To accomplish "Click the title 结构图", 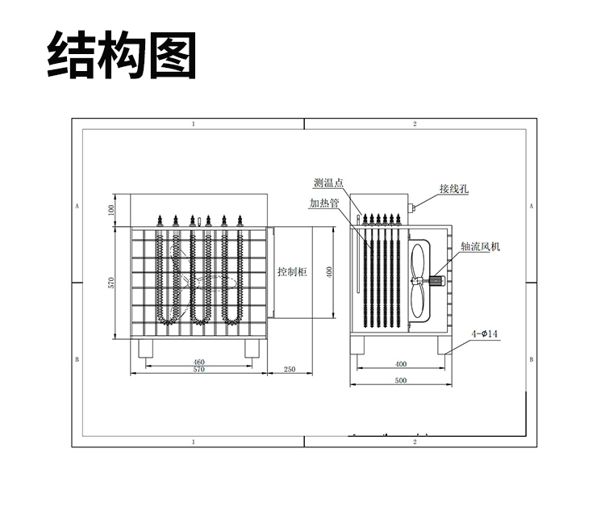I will point(122,55).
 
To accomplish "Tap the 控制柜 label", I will point(292,272).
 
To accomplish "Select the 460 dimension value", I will point(198,362).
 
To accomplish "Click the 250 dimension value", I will point(290,370).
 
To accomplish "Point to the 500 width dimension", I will point(401,379).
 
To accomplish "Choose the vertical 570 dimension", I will point(111,283).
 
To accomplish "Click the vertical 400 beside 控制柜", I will point(330,272).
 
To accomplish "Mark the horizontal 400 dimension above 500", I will point(401,364).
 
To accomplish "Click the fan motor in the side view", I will point(439,281).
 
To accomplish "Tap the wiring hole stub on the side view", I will point(412,207).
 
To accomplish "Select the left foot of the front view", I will point(148,348).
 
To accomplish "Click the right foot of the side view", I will point(446,345).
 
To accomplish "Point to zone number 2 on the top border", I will point(414,124).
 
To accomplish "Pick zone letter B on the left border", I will point(77,358).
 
